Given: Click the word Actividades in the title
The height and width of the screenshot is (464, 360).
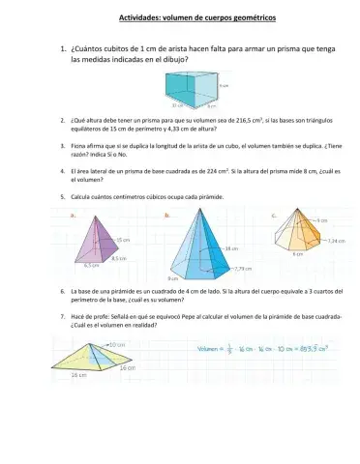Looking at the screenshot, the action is click(143, 16).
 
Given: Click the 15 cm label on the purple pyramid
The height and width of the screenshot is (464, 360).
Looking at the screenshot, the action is click(124, 239).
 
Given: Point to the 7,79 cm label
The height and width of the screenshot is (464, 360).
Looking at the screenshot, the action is click(243, 269).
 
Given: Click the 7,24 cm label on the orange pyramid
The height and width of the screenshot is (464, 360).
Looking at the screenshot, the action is click(336, 240).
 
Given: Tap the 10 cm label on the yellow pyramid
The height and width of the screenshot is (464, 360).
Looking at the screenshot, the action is click(115, 344).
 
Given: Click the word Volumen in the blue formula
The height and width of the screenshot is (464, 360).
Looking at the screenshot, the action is click(212, 346).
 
